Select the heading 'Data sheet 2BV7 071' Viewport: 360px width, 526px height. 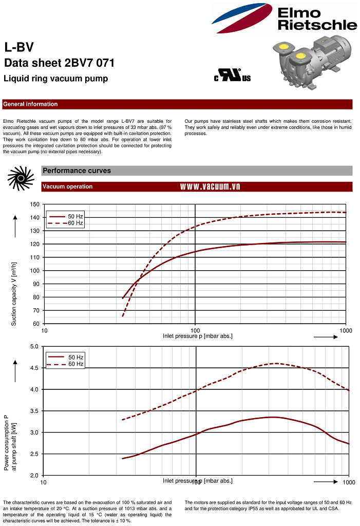(59, 63)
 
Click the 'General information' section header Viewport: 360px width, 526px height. (30, 104)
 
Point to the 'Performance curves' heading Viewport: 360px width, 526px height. (77, 171)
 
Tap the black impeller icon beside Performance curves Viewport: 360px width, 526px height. (21, 178)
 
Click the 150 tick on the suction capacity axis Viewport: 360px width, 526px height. (35, 204)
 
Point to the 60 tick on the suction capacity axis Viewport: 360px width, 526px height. (36, 324)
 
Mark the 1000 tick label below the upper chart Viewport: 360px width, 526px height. (346, 330)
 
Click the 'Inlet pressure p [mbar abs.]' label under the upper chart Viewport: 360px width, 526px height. (198, 336)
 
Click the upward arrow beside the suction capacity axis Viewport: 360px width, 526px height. (15, 226)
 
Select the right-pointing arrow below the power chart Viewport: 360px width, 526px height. (326, 482)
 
